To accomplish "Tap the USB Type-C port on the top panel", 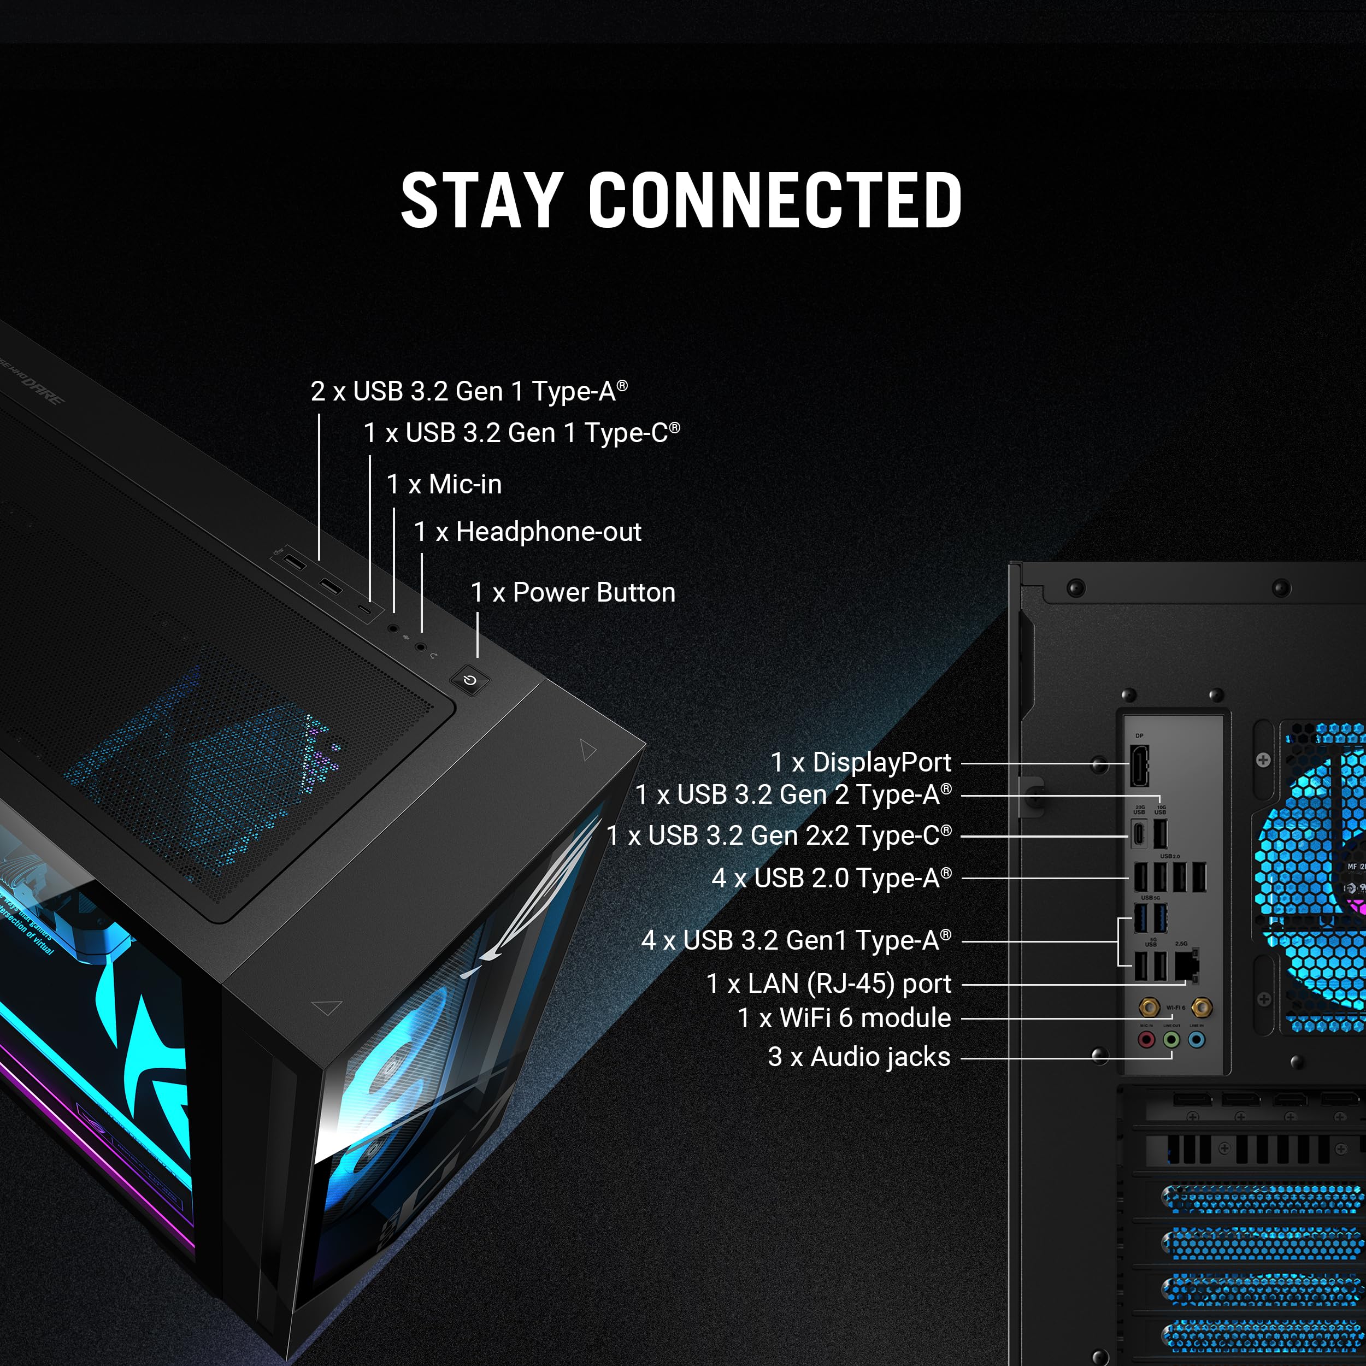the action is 365,609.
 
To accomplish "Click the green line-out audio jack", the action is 1171,1040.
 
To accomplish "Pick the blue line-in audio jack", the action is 1196,1040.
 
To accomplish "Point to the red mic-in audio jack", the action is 1146,1040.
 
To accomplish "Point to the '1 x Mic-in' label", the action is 444,484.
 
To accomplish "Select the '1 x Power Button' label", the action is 573,592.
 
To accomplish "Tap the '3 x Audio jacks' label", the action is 859,1057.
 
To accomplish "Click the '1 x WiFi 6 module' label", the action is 844,1018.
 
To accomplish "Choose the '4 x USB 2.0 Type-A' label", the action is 832,878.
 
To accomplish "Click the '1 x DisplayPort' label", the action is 861,762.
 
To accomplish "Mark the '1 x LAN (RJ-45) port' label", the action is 829,984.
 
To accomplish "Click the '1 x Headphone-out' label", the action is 527,532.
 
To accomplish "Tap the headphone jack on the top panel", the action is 421,646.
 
